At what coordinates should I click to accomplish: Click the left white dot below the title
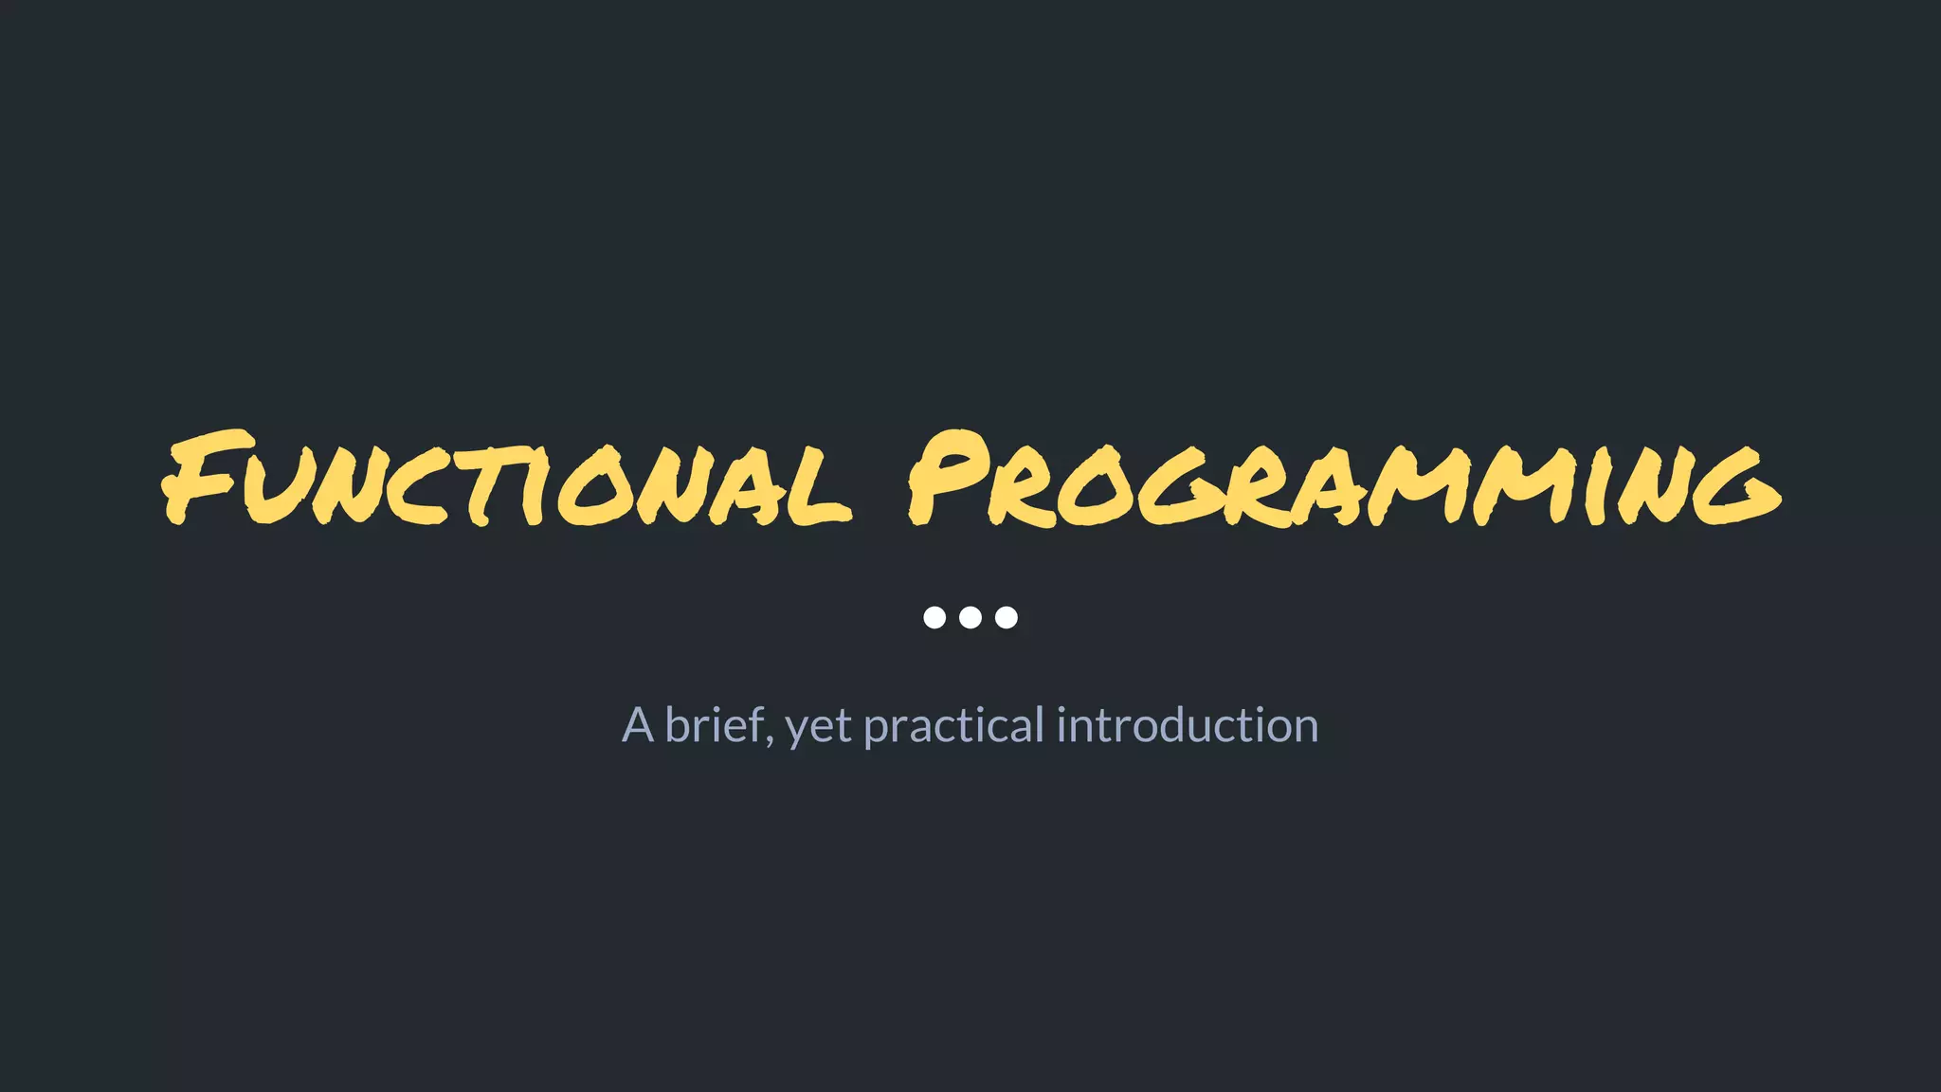click(934, 617)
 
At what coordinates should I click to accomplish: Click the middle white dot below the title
click(970, 617)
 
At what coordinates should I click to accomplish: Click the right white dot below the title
click(1007, 617)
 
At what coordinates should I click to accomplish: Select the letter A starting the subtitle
click(638, 726)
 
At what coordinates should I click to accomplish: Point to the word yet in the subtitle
click(819, 728)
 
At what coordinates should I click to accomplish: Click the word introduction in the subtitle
click(1187, 725)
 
